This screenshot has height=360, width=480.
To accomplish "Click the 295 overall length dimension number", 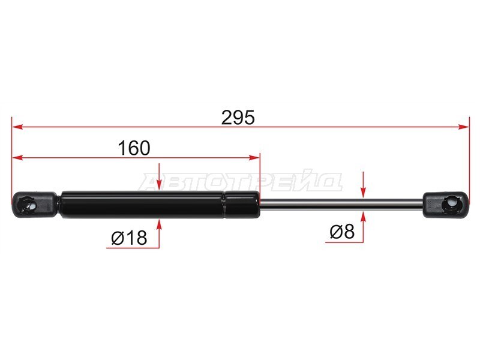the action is [238, 118].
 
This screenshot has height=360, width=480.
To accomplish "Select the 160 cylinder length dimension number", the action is [134, 148].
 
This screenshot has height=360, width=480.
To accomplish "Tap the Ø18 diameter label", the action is [129, 238].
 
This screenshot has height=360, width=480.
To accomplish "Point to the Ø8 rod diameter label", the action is [342, 232].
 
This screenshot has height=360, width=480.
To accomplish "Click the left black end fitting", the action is [34, 205].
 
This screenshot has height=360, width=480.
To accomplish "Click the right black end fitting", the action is [446, 205].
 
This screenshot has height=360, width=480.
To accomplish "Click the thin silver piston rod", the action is [341, 205].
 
